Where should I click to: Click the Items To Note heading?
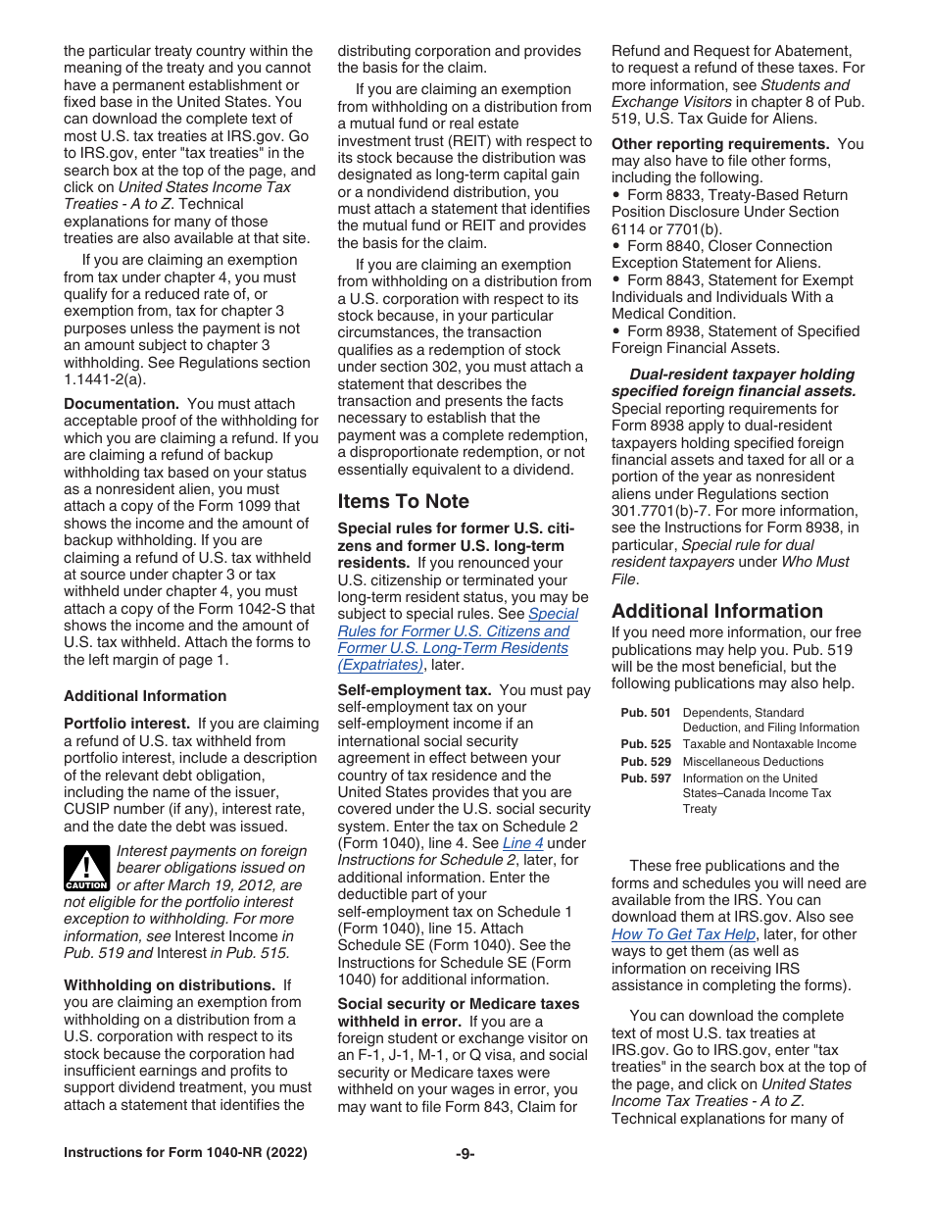[403, 501]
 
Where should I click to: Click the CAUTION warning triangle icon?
[86, 867]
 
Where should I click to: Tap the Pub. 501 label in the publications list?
[646, 713]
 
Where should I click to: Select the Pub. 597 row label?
[646, 778]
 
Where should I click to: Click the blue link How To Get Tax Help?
[683, 934]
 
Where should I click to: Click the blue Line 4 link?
[522, 843]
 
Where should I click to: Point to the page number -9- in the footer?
[465, 1153]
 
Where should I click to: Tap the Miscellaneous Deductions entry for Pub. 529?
[753, 762]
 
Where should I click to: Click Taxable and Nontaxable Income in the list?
[769, 744]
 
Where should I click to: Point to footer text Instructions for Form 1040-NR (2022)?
[185, 1153]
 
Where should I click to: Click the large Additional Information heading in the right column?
[717, 611]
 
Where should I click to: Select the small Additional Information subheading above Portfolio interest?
[145, 696]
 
